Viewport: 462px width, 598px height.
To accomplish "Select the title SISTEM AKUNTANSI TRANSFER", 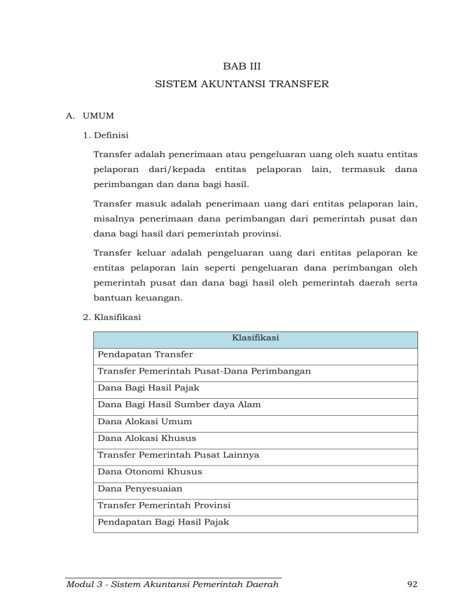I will (242, 84).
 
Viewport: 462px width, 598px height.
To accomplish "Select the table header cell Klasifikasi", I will (255, 339).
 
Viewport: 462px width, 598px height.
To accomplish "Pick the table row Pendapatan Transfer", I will (145, 355).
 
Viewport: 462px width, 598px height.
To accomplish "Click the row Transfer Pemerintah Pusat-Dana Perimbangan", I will (204, 371).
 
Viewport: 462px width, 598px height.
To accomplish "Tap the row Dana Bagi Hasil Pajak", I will (148, 388).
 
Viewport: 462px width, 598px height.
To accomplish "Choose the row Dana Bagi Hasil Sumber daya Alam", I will (179, 405).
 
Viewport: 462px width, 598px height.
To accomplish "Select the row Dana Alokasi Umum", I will (144, 422).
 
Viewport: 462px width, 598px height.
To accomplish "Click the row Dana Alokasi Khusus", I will (146, 439).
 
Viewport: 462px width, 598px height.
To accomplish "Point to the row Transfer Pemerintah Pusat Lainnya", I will (178, 455).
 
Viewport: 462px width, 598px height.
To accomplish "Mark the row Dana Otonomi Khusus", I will (149, 472).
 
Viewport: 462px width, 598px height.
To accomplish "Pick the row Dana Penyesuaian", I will (140, 489).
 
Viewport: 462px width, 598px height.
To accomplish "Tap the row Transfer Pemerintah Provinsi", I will (164, 505).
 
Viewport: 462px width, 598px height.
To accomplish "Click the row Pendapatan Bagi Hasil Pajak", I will (163, 522).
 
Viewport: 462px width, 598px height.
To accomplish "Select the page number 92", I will (412, 584).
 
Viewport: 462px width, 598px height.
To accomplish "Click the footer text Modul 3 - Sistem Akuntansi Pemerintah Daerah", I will (173, 584).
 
